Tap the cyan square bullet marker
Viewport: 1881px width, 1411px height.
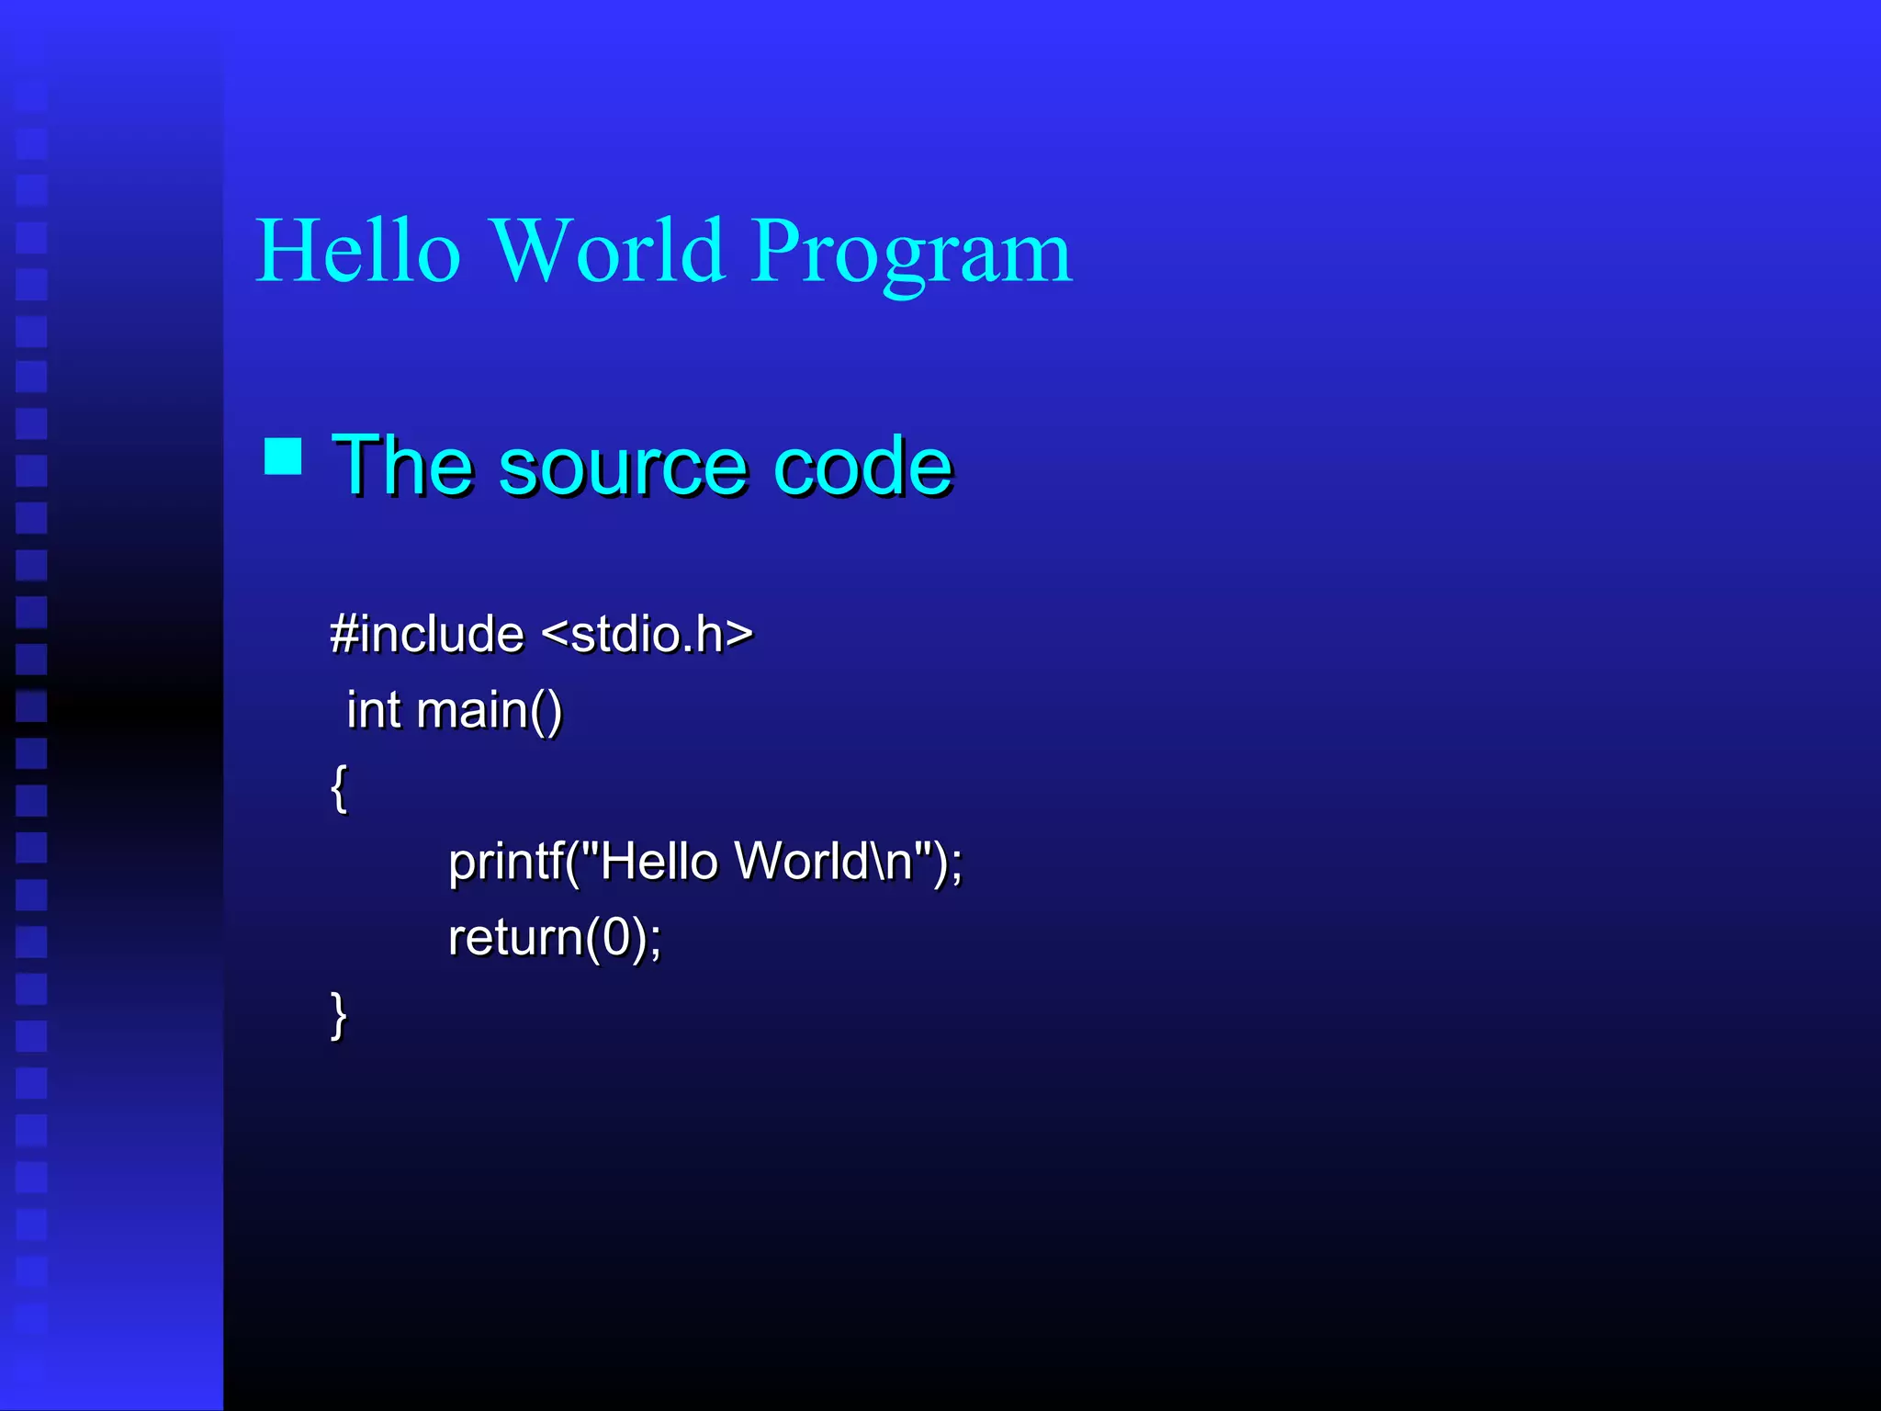tap(283, 456)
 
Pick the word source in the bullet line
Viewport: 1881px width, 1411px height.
tap(624, 468)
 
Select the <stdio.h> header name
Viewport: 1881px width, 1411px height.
tap(647, 634)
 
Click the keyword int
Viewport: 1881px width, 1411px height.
tap(373, 710)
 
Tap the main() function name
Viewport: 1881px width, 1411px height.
tap(489, 711)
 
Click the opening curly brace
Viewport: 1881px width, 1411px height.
tap(339, 787)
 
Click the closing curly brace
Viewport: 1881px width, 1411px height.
tap(339, 1014)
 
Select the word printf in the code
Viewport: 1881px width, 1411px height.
tap(504, 863)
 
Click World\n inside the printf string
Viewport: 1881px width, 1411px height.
tap(823, 862)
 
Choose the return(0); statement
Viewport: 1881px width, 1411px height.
tap(554, 938)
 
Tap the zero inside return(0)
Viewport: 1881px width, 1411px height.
tap(616, 938)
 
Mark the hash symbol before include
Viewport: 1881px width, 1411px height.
tap(344, 634)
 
